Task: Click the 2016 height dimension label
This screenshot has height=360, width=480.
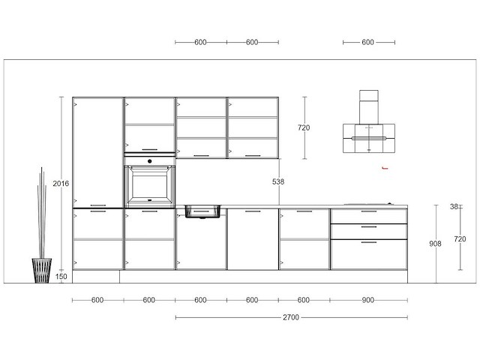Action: [x=61, y=182]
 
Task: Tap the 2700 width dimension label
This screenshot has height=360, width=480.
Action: [x=291, y=317]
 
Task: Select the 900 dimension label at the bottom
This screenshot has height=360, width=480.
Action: [x=368, y=300]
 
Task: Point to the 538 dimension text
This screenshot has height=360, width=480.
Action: [x=278, y=181]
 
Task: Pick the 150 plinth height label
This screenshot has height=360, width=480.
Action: [x=61, y=277]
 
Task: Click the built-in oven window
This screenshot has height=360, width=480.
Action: [x=149, y=182]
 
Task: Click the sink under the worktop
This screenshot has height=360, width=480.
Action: [x=200, y=211]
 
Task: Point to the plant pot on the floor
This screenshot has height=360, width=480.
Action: [x=42, y=270]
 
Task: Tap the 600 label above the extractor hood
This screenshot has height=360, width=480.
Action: [x=367, y=43]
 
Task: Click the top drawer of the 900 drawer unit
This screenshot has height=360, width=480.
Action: [x=368, y=216]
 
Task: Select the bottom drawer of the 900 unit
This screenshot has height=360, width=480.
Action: [x=368, y=253]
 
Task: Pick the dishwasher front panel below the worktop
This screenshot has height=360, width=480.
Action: [x=252, y=239]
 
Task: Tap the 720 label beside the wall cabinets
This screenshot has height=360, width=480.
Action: [x=304, y=127]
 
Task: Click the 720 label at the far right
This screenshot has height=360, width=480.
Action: [x=460, y=238]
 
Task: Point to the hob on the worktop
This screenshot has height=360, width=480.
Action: [x=368, y=204]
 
